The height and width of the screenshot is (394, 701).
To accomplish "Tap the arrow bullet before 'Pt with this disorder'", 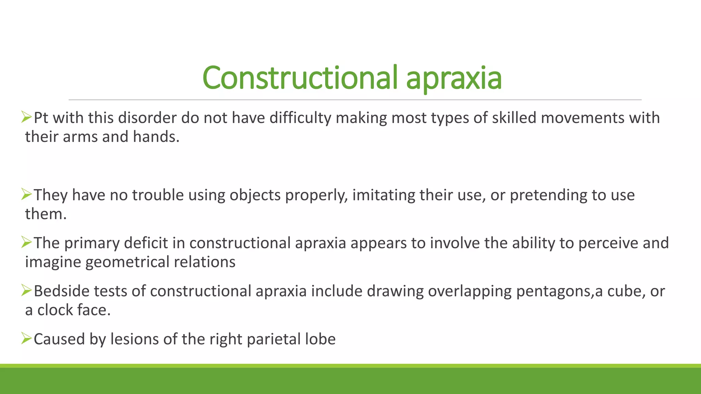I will click(x=26, y=117).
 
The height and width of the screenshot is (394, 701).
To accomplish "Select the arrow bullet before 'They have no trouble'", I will click(x=26, y=194).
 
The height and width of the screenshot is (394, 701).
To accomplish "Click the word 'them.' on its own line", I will click(x=46, y=214).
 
